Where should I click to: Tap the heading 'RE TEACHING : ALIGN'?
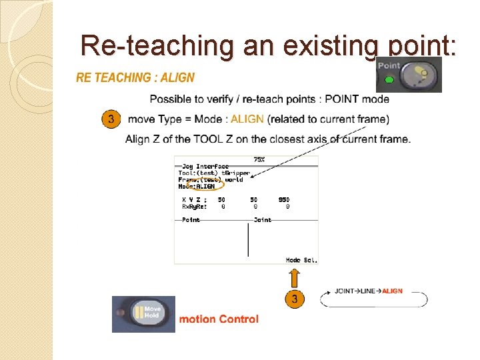click(135, 77)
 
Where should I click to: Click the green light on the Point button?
click(391, 81)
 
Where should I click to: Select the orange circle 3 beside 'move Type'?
click(111, 119)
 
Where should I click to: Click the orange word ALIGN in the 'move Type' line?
click(247, 119)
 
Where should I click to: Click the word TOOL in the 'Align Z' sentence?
click(209, 139)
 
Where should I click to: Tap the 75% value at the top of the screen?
click(259, 160)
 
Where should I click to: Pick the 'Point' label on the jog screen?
click(191, 220)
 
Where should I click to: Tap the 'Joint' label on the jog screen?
click(263, 220)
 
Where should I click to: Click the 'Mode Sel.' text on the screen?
click(301, 260)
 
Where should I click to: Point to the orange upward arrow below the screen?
click(294, 276)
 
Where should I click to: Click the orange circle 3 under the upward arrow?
click(294, 298)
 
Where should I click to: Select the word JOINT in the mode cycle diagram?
click(344, 291)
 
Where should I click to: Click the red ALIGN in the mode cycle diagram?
click(393, 291)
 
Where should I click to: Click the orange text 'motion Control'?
click(219, 319)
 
